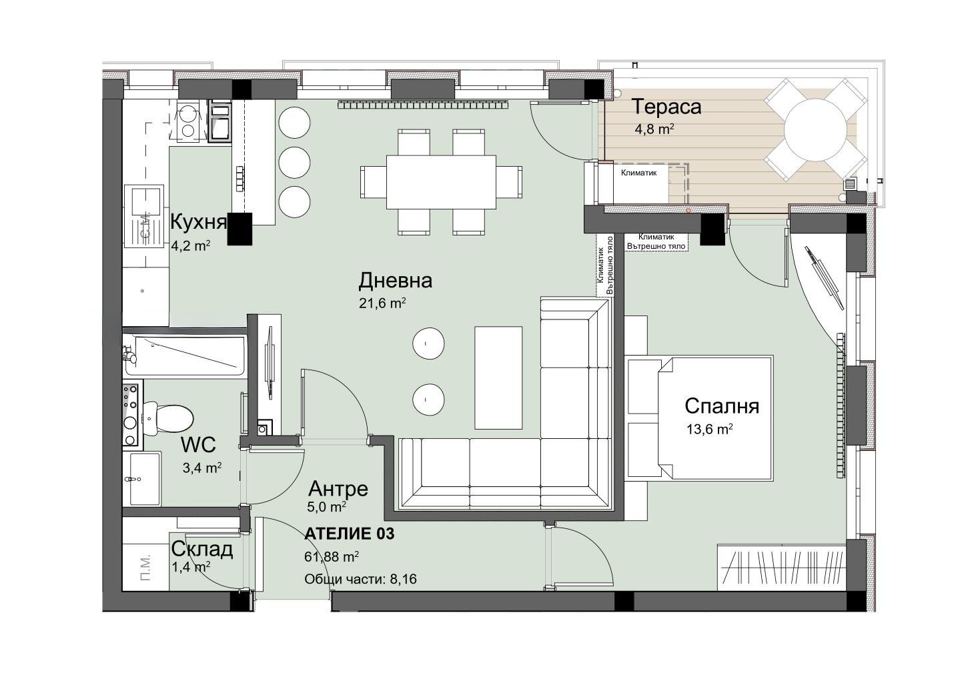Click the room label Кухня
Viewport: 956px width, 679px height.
(x=198, y=221)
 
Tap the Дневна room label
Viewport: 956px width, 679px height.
(x=395, y=280)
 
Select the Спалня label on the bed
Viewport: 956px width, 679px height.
(x=722, y=406)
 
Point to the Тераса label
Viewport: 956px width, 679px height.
(x=666, y=107)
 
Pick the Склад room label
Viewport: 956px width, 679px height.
(x=202, y=550)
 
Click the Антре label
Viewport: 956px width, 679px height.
(x=338, y=489)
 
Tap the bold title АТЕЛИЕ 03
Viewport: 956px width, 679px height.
(x=349, y=534)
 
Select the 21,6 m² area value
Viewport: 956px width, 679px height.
(x=382, y=303)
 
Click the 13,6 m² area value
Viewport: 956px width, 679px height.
(x=709, y=429)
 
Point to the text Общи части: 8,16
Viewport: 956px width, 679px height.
(x=360, y=579)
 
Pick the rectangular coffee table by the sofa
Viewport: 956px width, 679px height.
(x=498, y=377)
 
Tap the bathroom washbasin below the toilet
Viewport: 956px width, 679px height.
(x=143, y=478)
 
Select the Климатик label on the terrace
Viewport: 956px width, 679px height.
(x=638, y=173)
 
